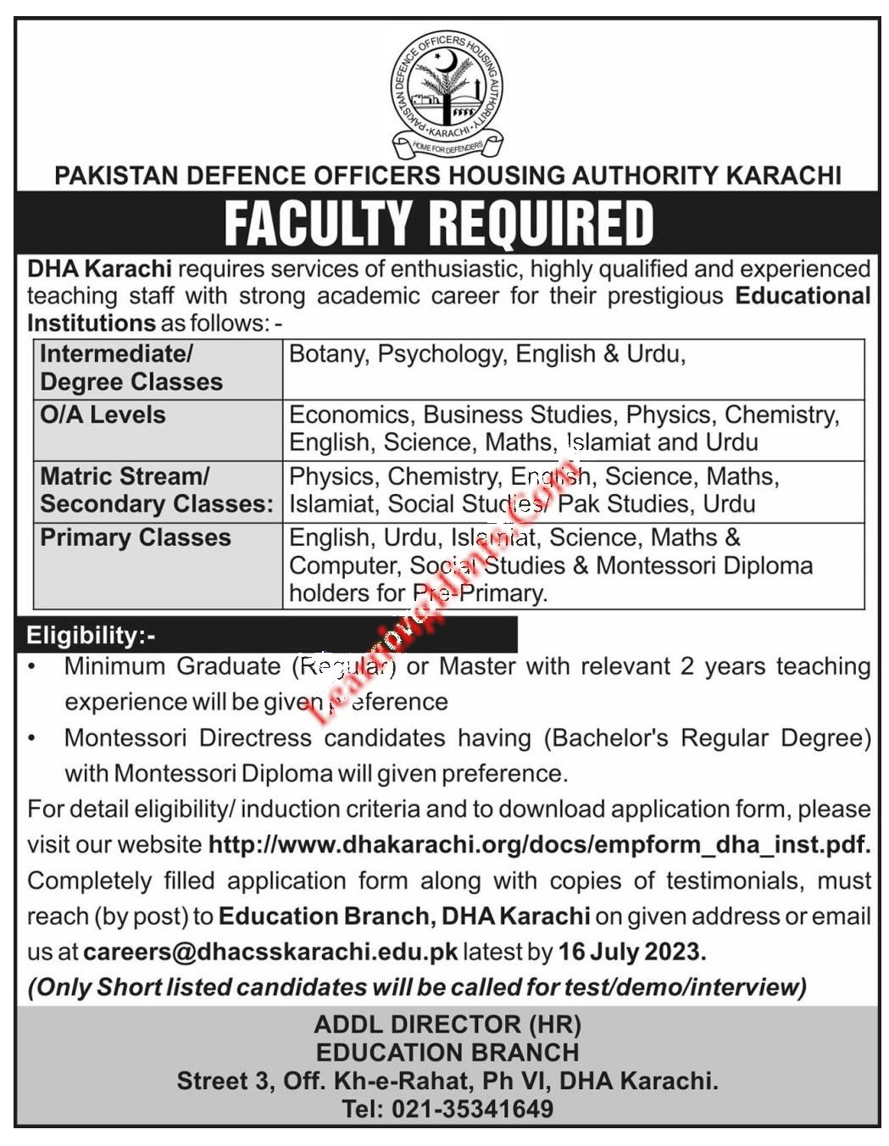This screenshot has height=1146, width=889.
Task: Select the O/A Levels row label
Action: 103,414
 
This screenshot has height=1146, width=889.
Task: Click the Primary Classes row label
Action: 135,537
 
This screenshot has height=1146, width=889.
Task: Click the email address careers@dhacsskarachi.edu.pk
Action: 270,951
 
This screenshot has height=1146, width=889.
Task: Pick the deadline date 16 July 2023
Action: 631,951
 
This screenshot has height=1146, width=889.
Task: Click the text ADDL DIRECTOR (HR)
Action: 447,1024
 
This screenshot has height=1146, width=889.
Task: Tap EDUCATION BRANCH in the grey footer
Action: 447,1052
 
